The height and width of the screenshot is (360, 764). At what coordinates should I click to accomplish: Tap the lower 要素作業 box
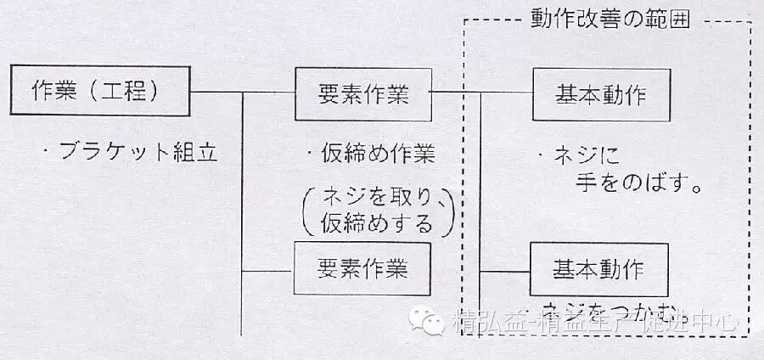click(x=362, y=269)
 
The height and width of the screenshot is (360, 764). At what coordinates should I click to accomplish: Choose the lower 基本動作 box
click(x=598, y=269)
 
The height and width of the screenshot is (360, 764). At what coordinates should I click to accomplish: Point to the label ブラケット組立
click(x=132, y=153)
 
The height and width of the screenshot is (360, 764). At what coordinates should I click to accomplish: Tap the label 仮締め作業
click(x=371, y=154)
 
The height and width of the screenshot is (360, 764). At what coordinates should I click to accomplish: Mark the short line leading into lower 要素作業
click(x=268, y=271)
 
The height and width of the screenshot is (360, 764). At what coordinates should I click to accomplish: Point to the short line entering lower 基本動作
click(x=506, y=271)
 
